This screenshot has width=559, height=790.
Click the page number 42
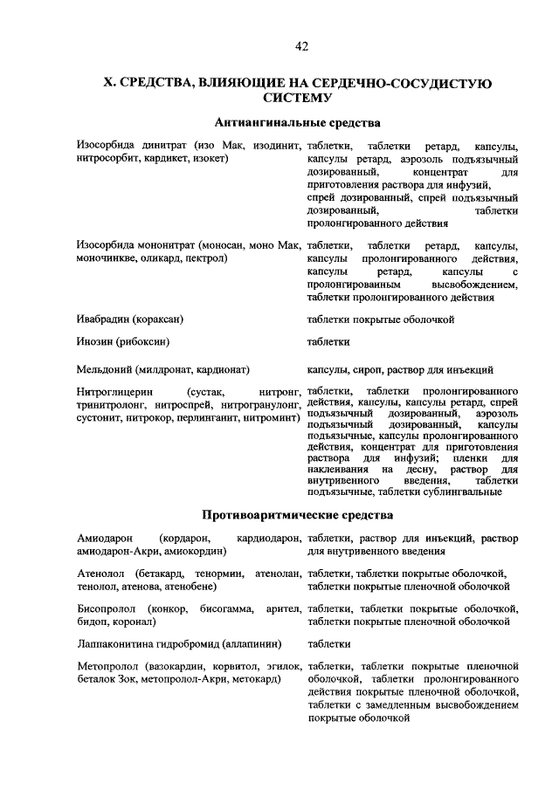point(301,45)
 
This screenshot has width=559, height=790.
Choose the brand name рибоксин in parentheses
point(143,341)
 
